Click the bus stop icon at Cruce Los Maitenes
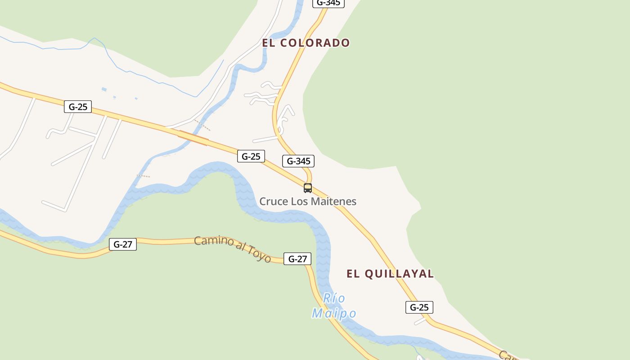tap(308, 188)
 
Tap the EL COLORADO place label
tap(306, 43)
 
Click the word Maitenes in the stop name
tap(333, 201)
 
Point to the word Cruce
tap(274, 201)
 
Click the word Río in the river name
tap(334, 298)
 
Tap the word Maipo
tap(334, 313)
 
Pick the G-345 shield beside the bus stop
tap(298, 161)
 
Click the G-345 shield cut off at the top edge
tap(328, 3)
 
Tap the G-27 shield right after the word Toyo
tap(297, 259)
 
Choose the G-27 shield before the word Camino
tap(123, 244)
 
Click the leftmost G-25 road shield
tap(78, 107)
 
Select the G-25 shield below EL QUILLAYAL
tap(419, 307)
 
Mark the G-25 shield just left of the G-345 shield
tap(251, 156)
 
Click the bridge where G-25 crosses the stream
tap(193, 138)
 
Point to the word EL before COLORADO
tap(269, 43)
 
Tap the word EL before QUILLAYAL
tap(353, 274)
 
